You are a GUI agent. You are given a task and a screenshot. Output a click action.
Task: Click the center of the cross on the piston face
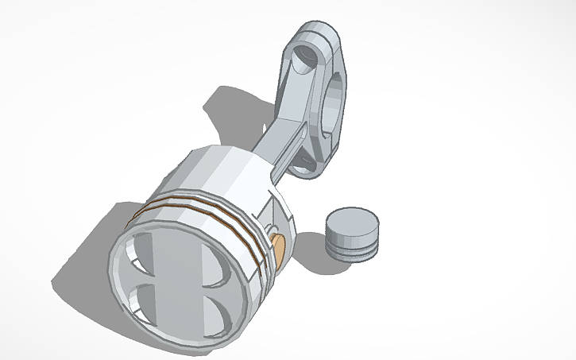click(179, 286)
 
